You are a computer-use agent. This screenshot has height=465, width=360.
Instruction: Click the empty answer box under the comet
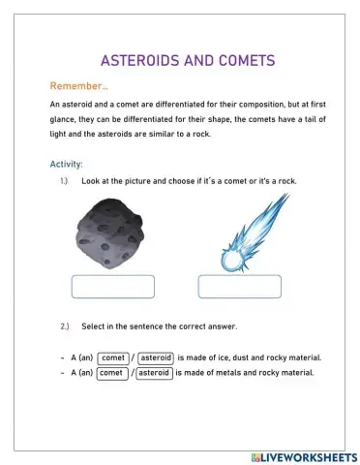coord(240,286)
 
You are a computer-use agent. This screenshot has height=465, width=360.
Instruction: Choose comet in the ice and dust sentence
coord(113,356)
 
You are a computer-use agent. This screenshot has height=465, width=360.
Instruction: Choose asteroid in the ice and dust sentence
coord(155,356)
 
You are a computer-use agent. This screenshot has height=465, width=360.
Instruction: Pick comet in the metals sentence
coord(110,372)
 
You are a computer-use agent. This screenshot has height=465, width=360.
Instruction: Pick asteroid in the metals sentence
coord(154,372)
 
